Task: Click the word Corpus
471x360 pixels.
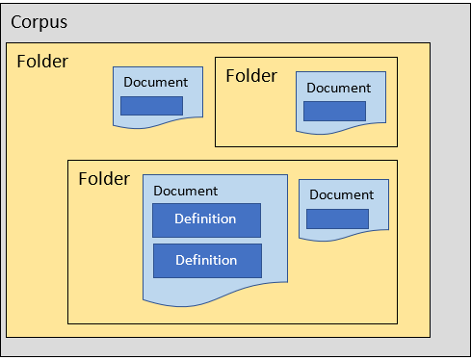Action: pos(39,21)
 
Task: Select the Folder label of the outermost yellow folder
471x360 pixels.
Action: pos(42,62)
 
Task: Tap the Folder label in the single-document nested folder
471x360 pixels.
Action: pos(250,76)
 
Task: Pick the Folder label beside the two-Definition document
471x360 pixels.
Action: pos(103,179)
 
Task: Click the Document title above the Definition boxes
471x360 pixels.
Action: pos(185,192)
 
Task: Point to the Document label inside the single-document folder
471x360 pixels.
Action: pos(338,89)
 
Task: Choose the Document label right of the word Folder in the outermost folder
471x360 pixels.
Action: pos(156,83)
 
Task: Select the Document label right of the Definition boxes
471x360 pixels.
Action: pos(341,194)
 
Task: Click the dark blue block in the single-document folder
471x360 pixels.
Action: pos(334,111)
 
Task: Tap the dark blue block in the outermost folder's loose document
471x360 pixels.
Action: pos(151,106)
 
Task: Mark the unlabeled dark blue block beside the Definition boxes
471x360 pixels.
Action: pos(337,219)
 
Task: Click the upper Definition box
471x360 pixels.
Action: pos(206,219)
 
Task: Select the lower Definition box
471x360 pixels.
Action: pos(206,260)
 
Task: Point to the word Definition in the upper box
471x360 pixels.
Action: pos(205,219)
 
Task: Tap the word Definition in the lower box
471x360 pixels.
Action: pos(205,260)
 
